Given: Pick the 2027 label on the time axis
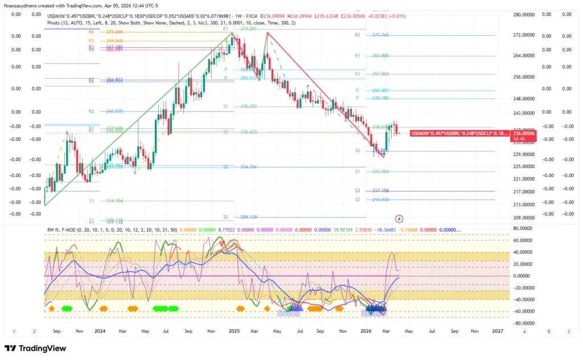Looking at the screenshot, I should click(497, 330).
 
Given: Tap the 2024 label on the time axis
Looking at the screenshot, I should click(100, 330).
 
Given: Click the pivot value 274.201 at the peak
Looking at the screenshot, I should click(249, 28).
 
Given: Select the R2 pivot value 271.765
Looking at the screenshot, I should click(380, 35).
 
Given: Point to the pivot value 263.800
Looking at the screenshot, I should click(380, 56).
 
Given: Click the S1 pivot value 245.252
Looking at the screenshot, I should click(249, 107).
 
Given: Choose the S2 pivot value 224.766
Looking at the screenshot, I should click(249, 167).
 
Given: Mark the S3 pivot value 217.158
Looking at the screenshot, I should click(380, 191).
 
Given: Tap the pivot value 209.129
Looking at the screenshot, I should click(249, 217).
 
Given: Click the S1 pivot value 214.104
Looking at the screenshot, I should click(114, 201).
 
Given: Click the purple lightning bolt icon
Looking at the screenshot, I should click(399, 218).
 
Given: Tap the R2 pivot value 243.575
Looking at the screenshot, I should click(114, 111).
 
